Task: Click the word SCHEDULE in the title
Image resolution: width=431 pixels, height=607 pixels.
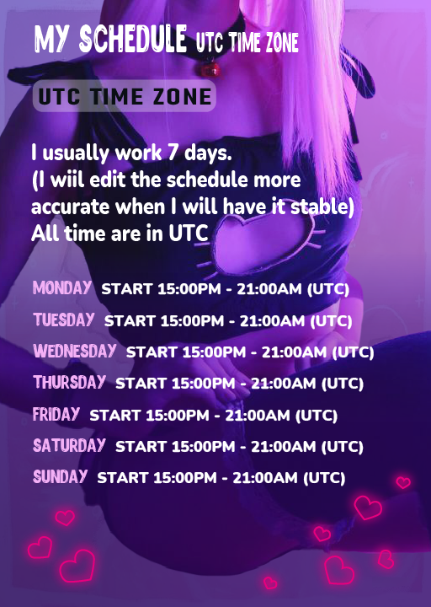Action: pyautogui.click(x=133, y=39)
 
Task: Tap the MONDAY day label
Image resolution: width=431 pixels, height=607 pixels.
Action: pyautogui.click(x=62, y=288)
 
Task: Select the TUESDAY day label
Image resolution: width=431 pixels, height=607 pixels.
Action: pyautogui.click(x=64, y=320)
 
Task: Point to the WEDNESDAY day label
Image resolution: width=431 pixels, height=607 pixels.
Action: pyautogui.click(x=75, y=351)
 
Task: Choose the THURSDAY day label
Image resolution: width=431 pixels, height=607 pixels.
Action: pyautogui.click(x=70, y=383)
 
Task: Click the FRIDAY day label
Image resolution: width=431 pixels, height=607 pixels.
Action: pyautogui.click(x=56, y=414)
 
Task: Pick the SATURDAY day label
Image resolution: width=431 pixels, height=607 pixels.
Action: pyautogui.click(x=69, y=446)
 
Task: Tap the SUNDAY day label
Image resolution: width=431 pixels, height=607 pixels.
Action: pyautogui.click(x=61, y=476)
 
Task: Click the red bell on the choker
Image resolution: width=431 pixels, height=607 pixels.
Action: pyautogui.click(x=210, y=68)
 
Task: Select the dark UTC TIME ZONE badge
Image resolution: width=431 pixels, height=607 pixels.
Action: pyautogui.click(x=124, y=96)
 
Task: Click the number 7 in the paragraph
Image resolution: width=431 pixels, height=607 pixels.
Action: pyautogui.click(x=173, y=153)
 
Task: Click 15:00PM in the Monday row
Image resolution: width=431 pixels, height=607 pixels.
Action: pyautogui.click(x=189, y=289)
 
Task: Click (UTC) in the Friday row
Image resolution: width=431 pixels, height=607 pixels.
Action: pyautogui.click(x=317, y=416)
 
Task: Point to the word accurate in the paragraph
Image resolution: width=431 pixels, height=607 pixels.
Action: pyautogui.click(x=71, y=207)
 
